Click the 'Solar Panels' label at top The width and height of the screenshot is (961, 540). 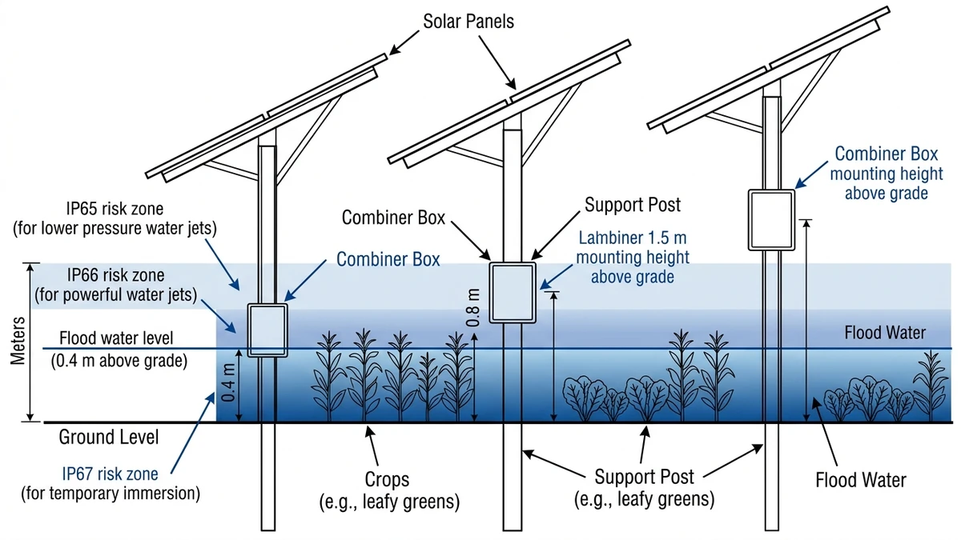pos(468,21)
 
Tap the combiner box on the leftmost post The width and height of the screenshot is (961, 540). pos(267,329)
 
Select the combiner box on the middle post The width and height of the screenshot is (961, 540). pos(513,292)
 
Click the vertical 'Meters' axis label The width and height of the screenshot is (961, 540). pos(19,340)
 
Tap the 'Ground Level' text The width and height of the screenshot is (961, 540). pos(109,438)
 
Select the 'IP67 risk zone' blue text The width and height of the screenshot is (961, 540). pos(110,473)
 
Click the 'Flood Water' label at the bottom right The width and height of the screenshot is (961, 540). pos(860,480)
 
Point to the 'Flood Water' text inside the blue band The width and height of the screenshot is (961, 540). pos(885,333)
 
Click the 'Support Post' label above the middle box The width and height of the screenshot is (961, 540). pos(633,204)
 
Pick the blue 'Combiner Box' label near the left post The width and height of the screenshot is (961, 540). pos(388,260)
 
